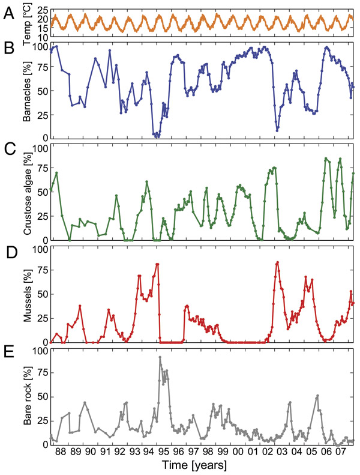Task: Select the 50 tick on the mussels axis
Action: pyautogui.click(x=40, y=295)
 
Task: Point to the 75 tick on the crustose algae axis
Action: pyautogui.click(x=40, y=168)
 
